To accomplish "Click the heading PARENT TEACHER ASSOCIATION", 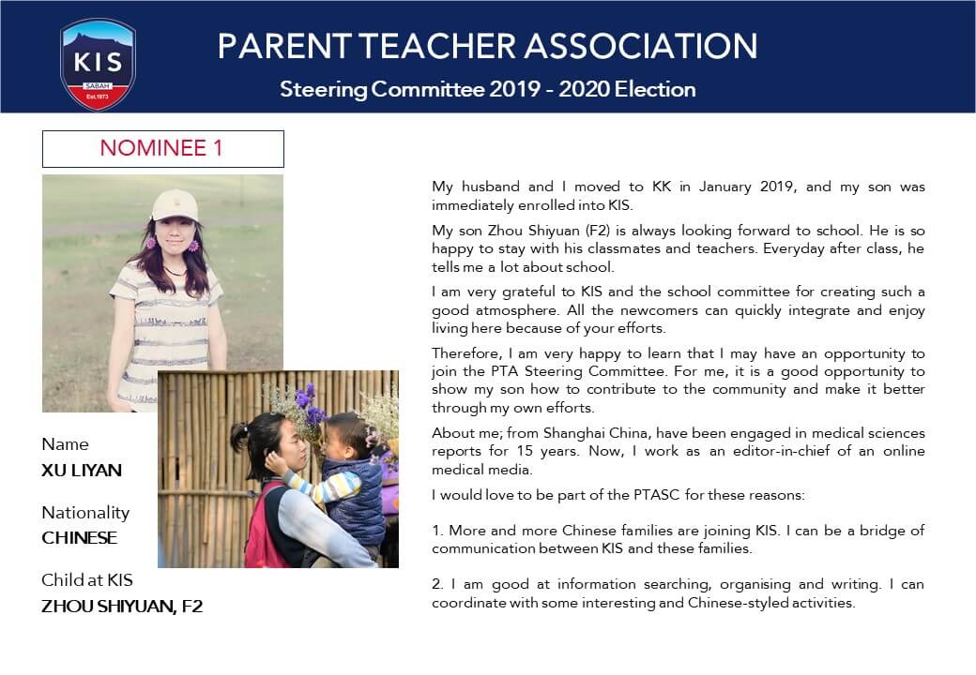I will tap(487, 46).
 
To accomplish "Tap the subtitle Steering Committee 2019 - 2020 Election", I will tap(487, 90).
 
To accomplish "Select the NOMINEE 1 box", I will tap(162, 148).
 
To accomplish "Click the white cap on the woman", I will tap(174, 204).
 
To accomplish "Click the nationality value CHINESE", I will tap(80, 538).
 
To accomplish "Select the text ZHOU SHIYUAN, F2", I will tap(122, 607).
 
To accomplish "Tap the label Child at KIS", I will tap(87, 580).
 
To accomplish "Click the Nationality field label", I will tap(85, 513).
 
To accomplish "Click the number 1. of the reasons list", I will tap(437, 531).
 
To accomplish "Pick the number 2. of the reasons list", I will tap(437, 584).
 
